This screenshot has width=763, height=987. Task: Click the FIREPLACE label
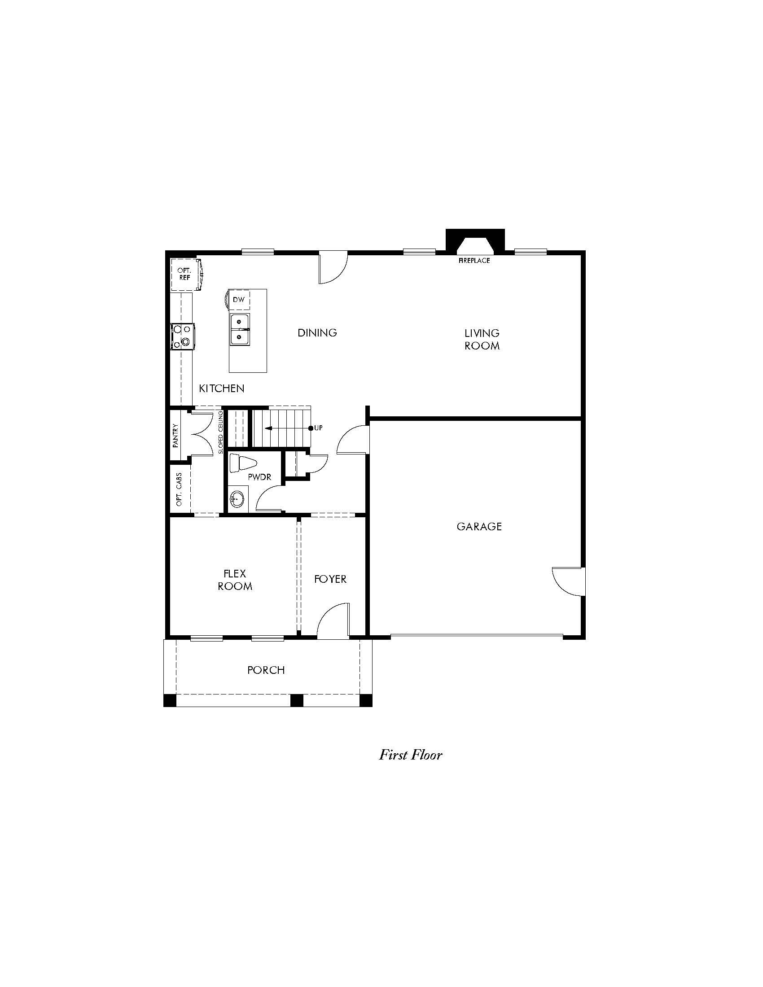474,261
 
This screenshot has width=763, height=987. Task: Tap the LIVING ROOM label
482,340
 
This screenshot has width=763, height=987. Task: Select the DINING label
317,333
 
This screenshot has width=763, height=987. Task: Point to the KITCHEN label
221,388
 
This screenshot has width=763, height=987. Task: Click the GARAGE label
479,527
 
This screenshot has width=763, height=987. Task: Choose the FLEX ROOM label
235,580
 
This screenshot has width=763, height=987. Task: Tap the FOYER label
330,579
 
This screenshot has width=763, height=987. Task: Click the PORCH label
266,670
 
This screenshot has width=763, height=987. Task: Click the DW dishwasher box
239,300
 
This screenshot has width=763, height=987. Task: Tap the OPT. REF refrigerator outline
185,274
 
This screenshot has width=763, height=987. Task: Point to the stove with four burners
182,336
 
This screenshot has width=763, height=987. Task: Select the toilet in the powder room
242,463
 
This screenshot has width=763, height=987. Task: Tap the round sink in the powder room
237,500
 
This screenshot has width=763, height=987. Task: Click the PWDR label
259,477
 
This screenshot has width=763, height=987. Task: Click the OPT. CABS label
179,489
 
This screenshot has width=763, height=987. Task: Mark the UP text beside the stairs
319,428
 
